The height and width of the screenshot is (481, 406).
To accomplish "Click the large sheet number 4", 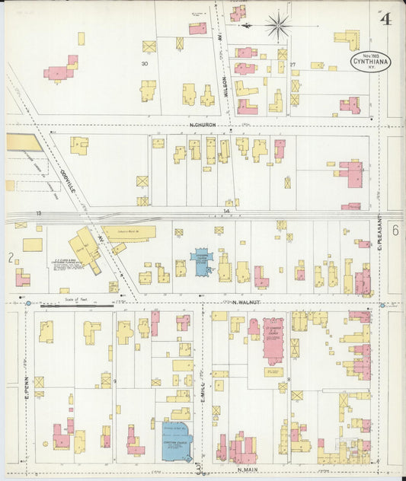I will click(386, 19).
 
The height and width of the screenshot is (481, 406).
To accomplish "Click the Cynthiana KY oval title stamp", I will click(370, 60).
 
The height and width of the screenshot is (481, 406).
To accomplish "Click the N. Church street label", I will click(203, 124).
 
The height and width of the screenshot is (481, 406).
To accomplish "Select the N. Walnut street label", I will click(248, 302).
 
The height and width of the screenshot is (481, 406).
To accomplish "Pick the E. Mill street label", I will click(203, 373).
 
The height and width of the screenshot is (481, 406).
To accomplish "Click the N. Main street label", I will click(249, 470).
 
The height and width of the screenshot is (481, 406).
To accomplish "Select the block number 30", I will click(144, 64).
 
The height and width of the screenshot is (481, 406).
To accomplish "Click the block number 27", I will click(292, 64).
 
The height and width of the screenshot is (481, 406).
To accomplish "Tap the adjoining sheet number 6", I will click(395, 229).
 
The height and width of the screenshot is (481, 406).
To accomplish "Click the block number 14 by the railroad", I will click(226, 210).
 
